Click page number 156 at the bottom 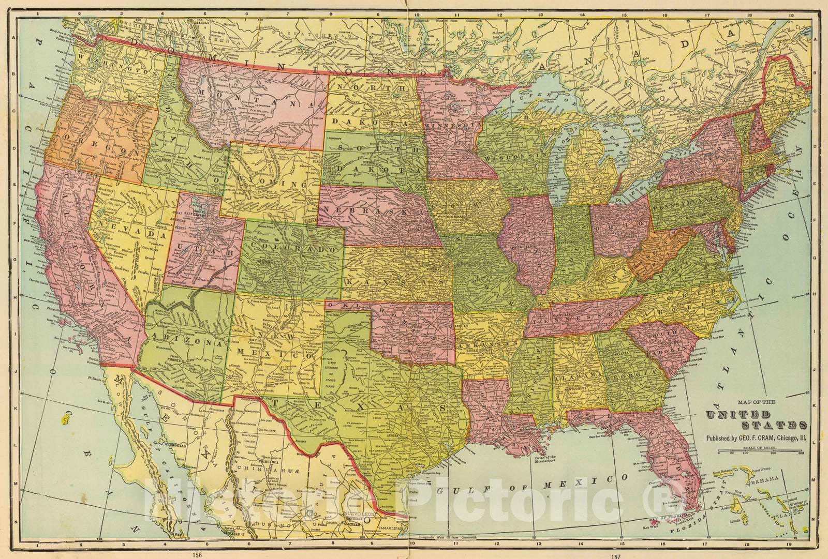[196, 555]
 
